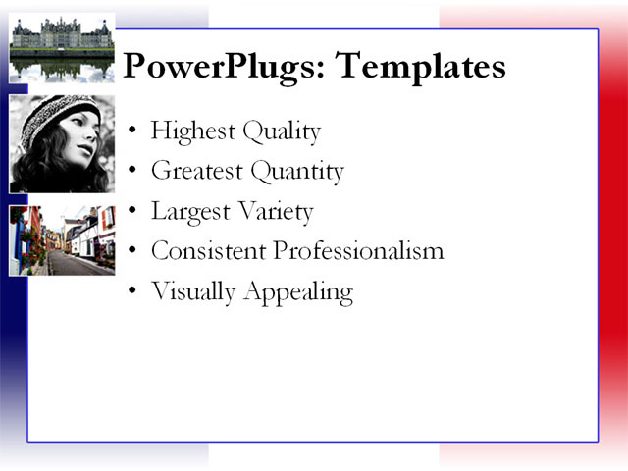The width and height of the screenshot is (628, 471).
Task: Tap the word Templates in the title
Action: coord(421,66)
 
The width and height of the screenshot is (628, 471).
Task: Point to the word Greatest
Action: coord(196,172)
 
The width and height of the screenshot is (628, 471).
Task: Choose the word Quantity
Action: coord(297,172)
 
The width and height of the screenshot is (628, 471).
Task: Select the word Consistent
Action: coord(207,250)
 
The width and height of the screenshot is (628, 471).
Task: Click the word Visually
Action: coord(190,291)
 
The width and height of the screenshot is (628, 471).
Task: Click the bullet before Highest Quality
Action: coord(133,131)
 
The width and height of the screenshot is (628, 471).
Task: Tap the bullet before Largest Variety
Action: coord(133,212)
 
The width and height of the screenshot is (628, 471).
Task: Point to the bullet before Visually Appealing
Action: coord(133,292)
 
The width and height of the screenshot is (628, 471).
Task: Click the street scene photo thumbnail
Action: coord(62,240)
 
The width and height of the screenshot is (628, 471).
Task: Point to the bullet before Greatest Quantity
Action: coord(133,172)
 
